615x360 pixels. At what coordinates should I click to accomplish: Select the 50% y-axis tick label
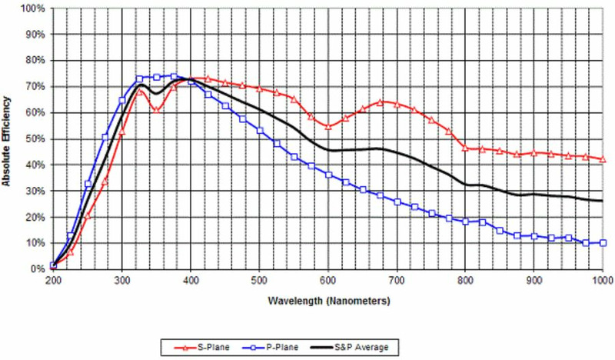pos(35,138)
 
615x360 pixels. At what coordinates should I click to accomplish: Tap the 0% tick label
pos(38,269)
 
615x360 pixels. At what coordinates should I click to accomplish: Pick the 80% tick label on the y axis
pos(35,60)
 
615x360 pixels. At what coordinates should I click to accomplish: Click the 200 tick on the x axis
pos(52,281)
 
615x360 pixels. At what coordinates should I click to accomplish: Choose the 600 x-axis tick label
pos(328,281)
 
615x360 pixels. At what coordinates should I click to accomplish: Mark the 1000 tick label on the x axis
pos(603,281)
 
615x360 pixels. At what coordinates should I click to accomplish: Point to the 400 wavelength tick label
pos(190,281)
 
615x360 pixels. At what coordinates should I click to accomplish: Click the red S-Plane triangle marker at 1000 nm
pos(603,159)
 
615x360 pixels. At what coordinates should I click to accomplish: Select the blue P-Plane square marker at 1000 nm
pos(603,243)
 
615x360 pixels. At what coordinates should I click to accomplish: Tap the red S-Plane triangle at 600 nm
pos(328,126)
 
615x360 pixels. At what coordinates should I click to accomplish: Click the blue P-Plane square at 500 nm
pos(259,131)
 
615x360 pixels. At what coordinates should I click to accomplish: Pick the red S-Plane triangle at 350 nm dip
pos(156,109)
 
